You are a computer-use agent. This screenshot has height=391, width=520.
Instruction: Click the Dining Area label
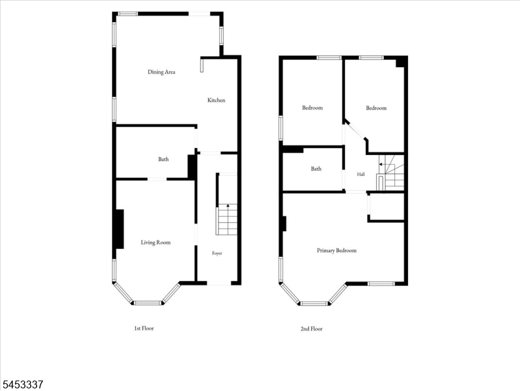[161, 72]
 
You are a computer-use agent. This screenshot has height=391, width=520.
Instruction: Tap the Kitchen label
[216, 100]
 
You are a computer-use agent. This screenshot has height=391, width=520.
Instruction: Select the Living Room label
[156, 242]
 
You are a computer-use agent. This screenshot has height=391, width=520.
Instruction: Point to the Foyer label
[217, 253]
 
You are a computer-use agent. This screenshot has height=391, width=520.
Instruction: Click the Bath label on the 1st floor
[163, 159]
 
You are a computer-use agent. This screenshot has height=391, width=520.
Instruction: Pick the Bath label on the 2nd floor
[316, 169]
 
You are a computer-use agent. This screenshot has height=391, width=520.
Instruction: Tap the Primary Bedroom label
[336, 250]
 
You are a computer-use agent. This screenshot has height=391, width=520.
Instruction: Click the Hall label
[361, 174]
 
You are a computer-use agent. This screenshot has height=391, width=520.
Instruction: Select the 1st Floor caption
[144, 328]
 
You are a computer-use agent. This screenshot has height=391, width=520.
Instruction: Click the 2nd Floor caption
[311, 328]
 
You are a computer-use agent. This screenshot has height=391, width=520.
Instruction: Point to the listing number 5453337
[23, 384]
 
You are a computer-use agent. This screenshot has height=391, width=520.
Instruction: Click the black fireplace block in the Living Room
[120, 229]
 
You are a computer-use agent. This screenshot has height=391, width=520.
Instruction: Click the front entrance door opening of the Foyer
[219, 283]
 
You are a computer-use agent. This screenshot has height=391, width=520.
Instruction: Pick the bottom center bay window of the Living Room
[148, 303]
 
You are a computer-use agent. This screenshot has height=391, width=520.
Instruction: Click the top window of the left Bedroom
[329, 58]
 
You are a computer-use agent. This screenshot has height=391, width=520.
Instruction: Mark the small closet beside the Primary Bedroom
[387, 207]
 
